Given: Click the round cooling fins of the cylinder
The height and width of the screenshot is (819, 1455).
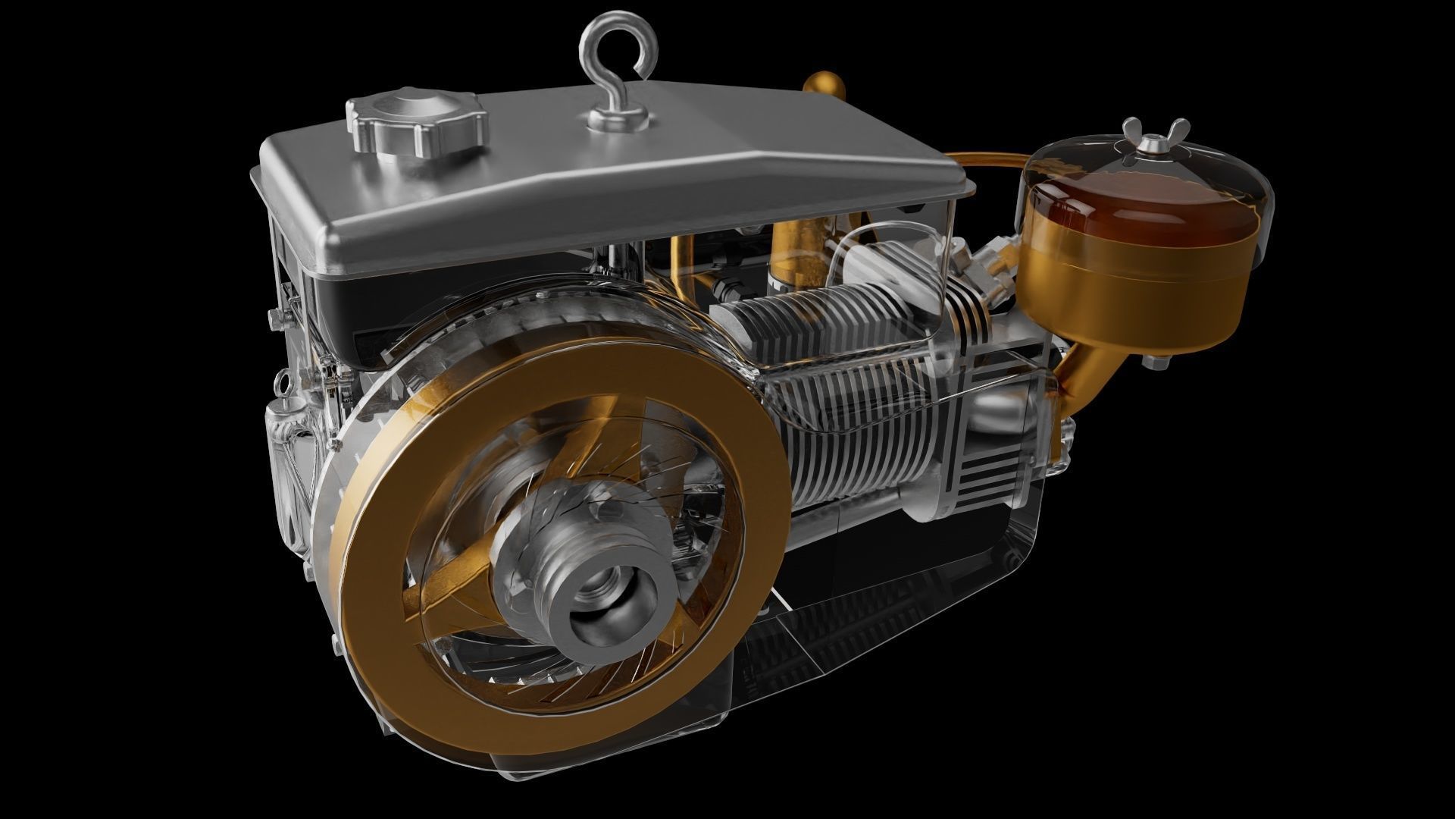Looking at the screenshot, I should point(849,425).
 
